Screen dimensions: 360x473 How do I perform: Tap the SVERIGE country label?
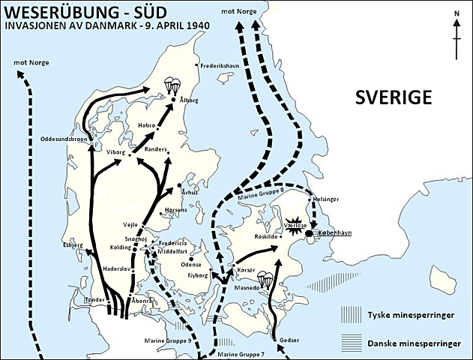(394, 97)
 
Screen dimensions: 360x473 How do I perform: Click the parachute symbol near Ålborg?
(174, 85)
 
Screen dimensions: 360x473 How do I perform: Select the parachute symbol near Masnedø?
(265, 279)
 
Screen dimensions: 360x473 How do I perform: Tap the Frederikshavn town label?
(224, 65)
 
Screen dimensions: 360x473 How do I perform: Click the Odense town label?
(192, 264)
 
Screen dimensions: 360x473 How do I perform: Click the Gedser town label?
(289, 340)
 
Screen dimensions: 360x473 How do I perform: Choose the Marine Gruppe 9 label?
(169, 340)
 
